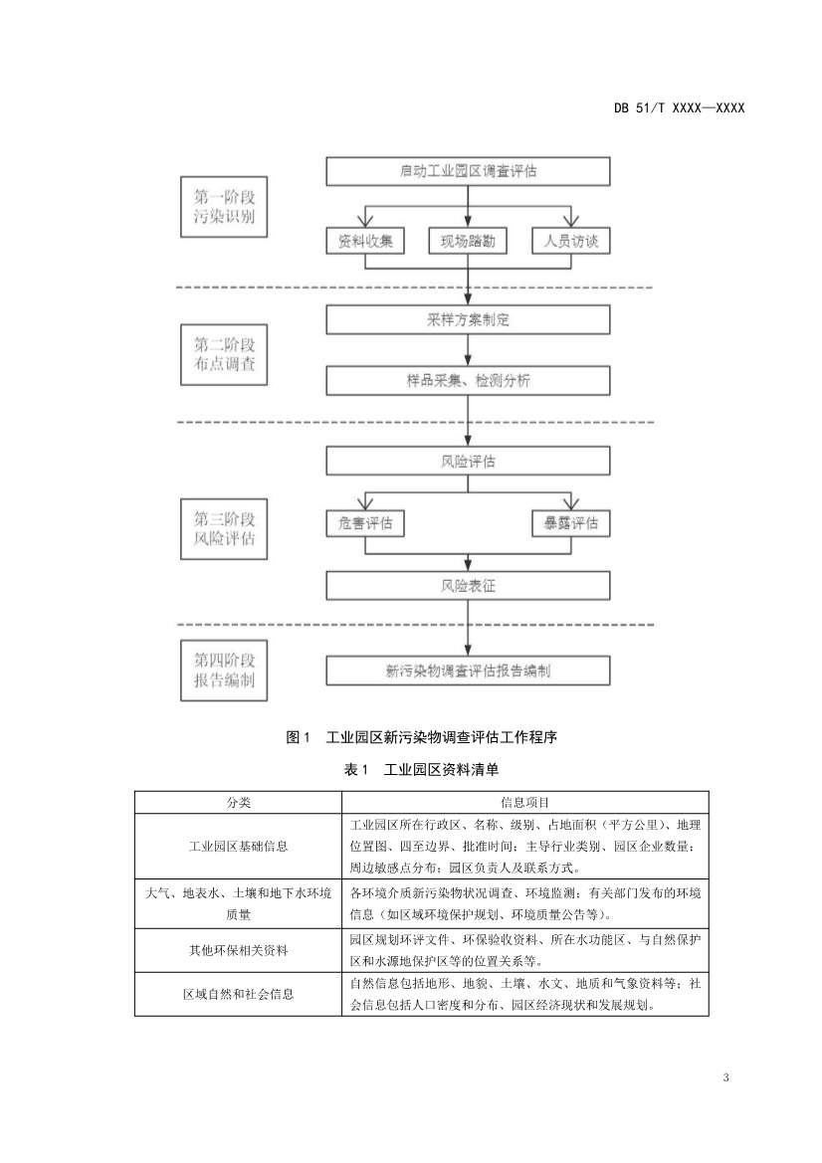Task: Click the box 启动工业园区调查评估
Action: point(468,171)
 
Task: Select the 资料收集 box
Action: point(365,241)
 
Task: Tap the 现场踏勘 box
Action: point(468,241)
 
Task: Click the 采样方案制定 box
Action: point(468,319)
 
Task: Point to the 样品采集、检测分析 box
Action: point(468,380)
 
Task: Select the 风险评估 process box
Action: point(468,462)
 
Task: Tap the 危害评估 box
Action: point(365,522)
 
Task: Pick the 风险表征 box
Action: point(468,585)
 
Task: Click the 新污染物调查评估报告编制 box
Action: point(468,671)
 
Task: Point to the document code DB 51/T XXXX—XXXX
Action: point(679,107)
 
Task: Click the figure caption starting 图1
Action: point(421,737)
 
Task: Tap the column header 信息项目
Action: point(524,802)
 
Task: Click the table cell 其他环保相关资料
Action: point(238,950)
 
